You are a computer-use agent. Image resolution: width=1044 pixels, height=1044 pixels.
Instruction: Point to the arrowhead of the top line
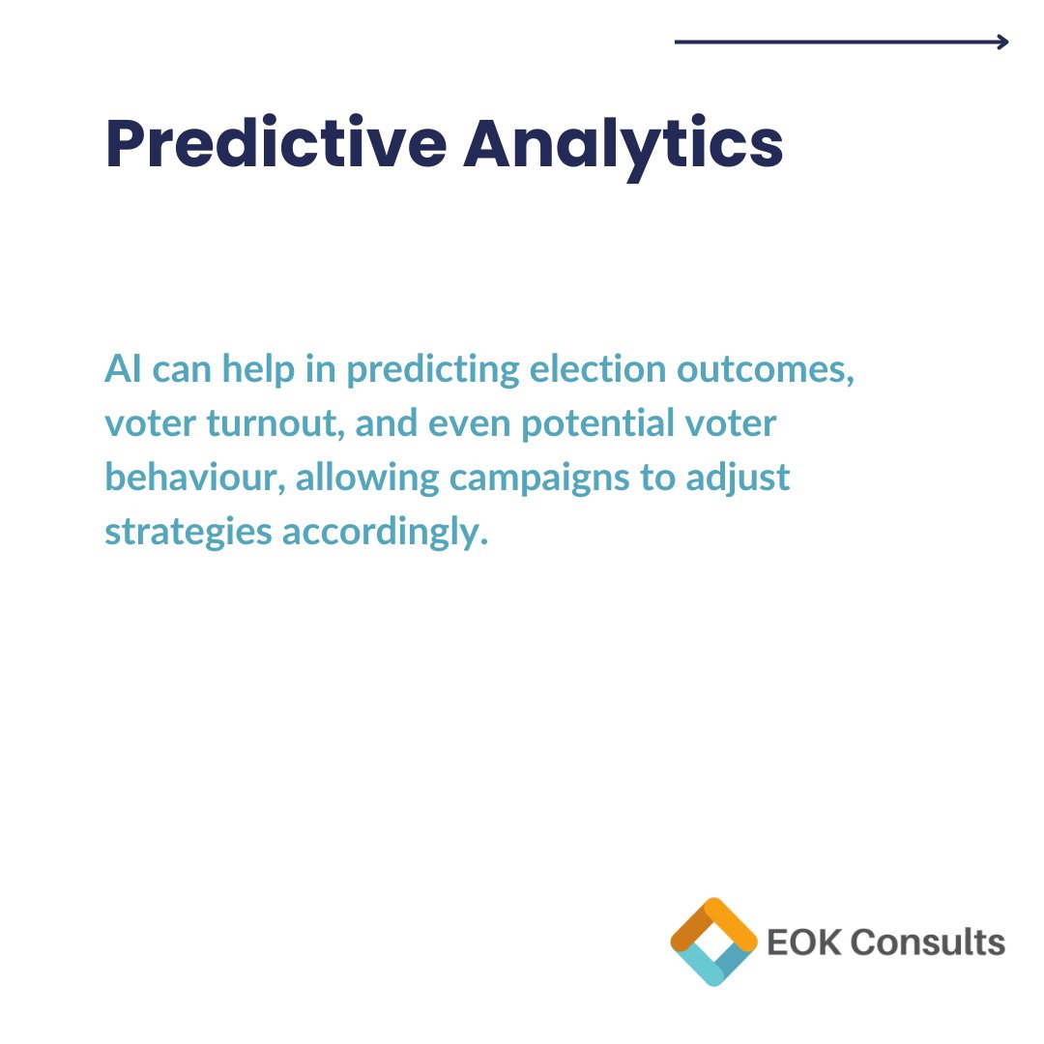[1002, 42]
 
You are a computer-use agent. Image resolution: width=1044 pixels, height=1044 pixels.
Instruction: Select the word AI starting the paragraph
[120, 370]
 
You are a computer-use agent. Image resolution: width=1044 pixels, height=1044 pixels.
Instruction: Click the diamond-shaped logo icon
[713, 942]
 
